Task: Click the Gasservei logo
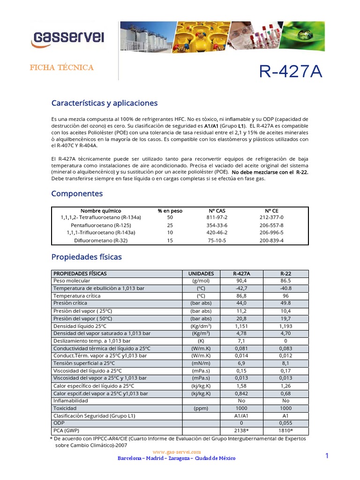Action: [67, 37]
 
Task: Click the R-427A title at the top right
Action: [291, 72]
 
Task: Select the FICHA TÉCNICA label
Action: [61, 67]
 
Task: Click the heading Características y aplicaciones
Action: [104, 103]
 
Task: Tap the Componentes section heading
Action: [77, 194]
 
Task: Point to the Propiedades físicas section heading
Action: [86, 257]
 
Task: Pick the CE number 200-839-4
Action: [271, 240]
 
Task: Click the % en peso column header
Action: [170, 210]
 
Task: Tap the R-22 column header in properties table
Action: [286, 273]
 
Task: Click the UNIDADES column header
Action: [201, 273]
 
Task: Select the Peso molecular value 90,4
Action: [242, 281]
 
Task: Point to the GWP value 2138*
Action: [242, 430]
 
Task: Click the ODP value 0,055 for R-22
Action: [286, 423]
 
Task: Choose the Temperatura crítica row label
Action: [77, 296]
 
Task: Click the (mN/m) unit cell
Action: [201, 363]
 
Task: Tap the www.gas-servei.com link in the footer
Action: [177, 451]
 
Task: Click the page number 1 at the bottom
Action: [327, 456]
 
